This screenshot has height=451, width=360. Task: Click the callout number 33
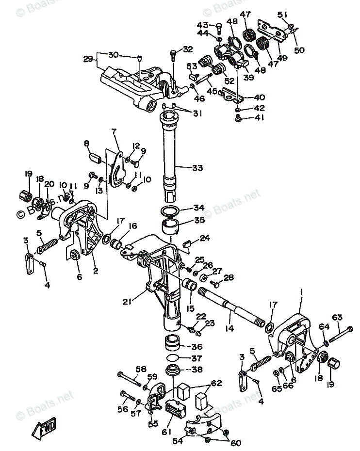[197, 168]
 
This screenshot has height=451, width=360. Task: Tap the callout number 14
[229, 328]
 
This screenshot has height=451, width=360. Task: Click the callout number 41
[259, 117]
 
